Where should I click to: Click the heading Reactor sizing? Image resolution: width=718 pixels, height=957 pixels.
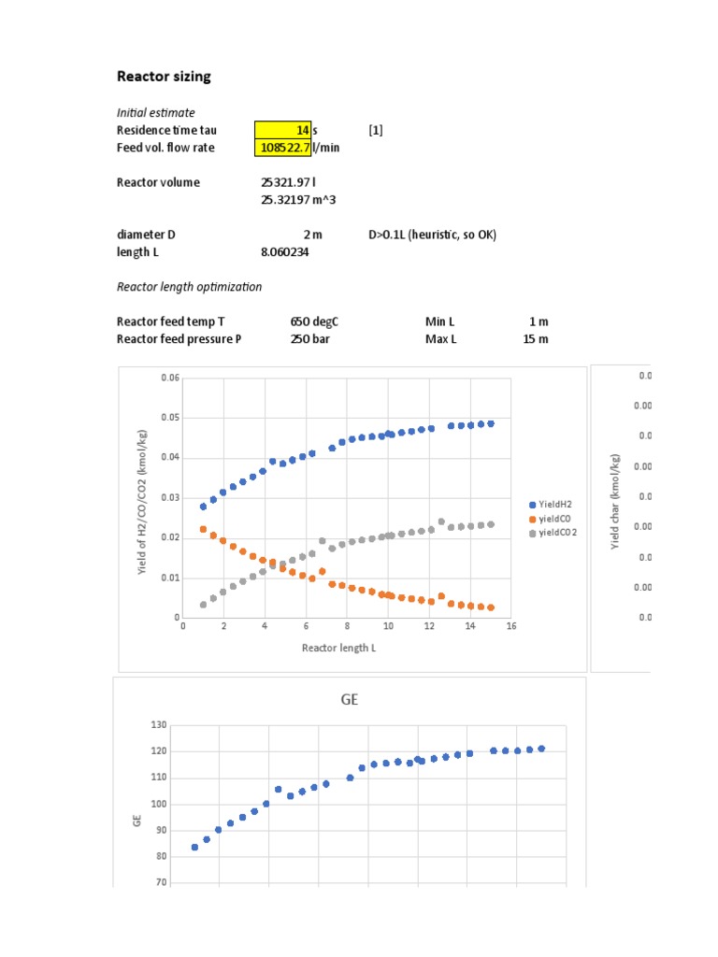tap(163, 77)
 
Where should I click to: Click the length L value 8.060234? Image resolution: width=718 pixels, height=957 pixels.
tap(285, 252)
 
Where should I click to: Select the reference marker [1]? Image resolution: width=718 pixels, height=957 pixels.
tap(376, 131)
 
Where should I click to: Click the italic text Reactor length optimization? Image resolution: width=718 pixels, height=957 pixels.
tap(189, 287)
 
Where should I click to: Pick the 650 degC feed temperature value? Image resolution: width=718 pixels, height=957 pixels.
tap(313, 321)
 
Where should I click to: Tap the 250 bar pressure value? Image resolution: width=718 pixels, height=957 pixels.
tap(309, 339)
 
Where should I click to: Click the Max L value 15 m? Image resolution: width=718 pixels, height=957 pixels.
tap(536, 339)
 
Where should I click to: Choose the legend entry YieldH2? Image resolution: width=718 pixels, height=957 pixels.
tap(554, 504)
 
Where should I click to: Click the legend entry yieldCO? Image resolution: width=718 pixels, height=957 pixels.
tap(553, 519)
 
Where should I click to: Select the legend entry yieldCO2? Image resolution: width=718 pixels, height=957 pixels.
tap(555, 534)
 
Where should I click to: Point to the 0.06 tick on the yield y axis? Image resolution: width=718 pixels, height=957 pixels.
tap(168, 378)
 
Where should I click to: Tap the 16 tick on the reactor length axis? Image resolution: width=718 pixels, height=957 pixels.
tap(511, 627)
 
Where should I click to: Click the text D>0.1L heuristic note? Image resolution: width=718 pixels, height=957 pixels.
tap(432, 236)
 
